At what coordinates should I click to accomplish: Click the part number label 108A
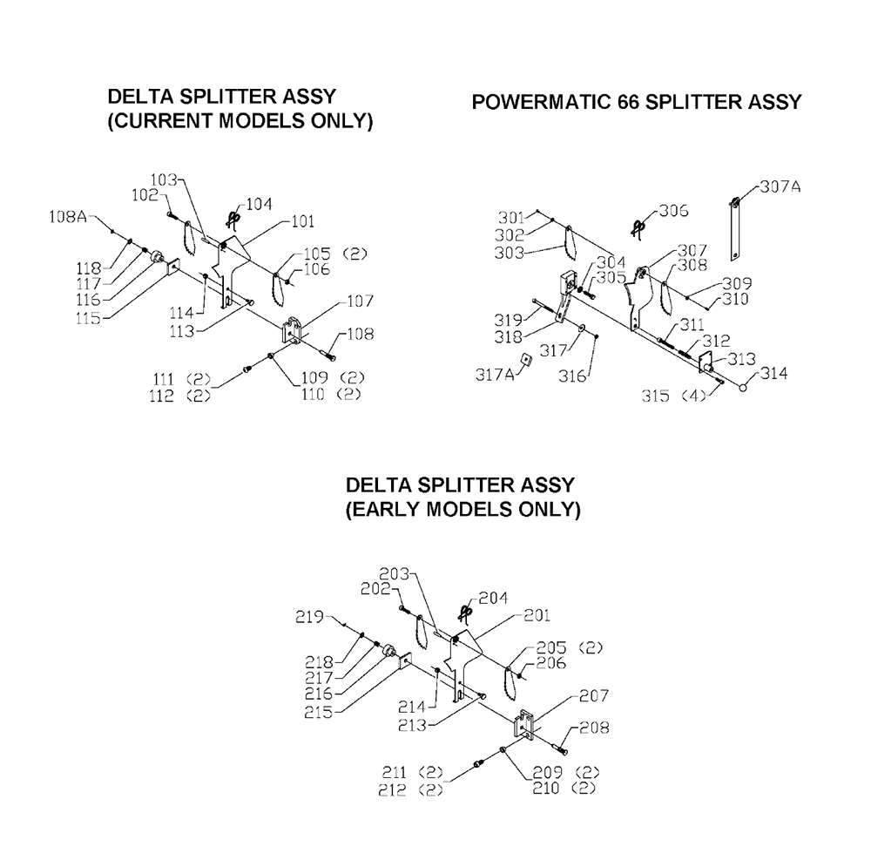click(x=68, y=217)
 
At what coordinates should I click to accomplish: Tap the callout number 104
click(x=260, y=205)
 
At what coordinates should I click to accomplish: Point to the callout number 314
click(x=774, y=373)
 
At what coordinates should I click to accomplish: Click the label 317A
click(x=495, y=375)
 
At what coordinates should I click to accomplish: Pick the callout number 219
click(x=309, y=617)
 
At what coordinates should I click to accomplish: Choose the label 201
click(x=537, y=615)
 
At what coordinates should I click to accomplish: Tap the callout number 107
click(x=361, y=301)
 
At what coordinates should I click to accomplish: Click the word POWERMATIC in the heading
click(x=540, y=102)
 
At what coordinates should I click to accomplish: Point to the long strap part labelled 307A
click(x=735, y=229)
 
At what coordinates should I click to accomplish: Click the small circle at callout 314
click(x=743, y=388)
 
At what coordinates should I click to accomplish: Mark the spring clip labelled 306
click(x=640, y=227)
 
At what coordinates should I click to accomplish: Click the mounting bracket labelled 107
click(x=292, y=330)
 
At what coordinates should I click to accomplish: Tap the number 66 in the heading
click(x=627, y=102)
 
